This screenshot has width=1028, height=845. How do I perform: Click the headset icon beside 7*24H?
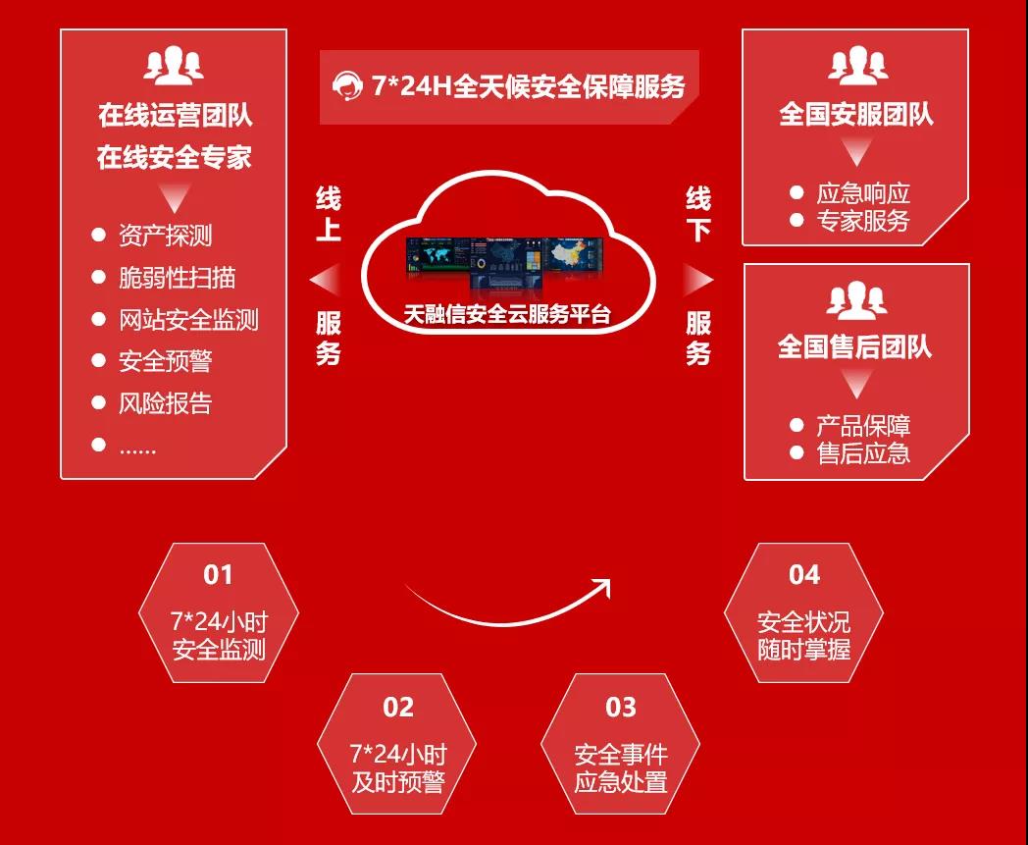tap(346, 86)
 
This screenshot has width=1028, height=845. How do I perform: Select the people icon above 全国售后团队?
tap(856, 300)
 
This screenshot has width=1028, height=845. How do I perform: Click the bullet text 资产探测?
tap(165, 236)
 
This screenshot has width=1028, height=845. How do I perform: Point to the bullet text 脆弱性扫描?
tap(177, 278)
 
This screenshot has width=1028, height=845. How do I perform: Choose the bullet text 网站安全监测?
tap(188, 320)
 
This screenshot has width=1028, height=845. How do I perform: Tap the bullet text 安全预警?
tap(165, 361)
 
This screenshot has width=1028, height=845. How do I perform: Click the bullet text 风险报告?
tap(165, 403)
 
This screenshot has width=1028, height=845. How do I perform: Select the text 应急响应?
tap(863, 193)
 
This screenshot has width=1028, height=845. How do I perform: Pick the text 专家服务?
tap(863, 221)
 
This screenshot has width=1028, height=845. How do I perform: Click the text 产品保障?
tap(863, 426)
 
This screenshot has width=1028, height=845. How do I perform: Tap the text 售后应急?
tap(863, 452)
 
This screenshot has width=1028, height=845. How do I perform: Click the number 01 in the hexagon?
tap(219, 574)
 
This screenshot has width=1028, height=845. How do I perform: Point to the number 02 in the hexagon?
tap(398, 707)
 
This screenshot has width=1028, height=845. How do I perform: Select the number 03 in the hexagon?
tap(620, 707)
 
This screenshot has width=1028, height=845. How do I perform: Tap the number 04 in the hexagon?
tap(803, 574)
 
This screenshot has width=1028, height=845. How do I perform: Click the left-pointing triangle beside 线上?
tap(324, 281)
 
